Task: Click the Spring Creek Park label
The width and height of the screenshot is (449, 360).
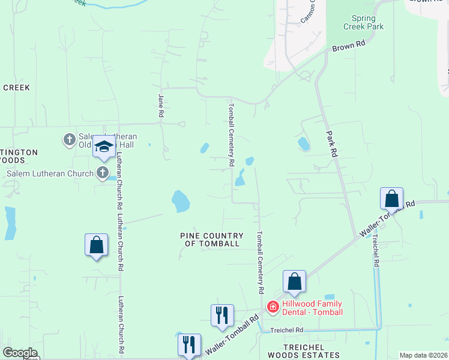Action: pos(363,22)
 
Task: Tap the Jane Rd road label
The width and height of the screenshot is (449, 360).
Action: pos(161,105)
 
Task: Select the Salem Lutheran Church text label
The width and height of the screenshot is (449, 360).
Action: pos(50,174)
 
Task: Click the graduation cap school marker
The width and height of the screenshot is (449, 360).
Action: pos(104,147)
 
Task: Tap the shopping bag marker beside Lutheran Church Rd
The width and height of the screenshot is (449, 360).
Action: pos(96,245)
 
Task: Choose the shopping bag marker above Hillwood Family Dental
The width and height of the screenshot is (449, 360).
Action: pos(294,281)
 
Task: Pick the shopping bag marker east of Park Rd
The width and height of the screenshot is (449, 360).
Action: pos(391,198)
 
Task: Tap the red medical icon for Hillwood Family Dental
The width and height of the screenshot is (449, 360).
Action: pos(273,307)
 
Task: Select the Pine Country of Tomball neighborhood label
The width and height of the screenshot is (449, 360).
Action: pos(212,239)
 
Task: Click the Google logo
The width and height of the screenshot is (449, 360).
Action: pos(20,353)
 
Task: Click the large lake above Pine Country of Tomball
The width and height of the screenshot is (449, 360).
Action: pos(180,202)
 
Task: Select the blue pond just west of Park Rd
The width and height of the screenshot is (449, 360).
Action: pos(304,144)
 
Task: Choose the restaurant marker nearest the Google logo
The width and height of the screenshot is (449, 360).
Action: pos(189,344)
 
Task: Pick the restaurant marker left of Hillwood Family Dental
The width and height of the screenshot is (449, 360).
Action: pos(222,314)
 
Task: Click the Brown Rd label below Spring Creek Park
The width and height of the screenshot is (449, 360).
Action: pos(349,45)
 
